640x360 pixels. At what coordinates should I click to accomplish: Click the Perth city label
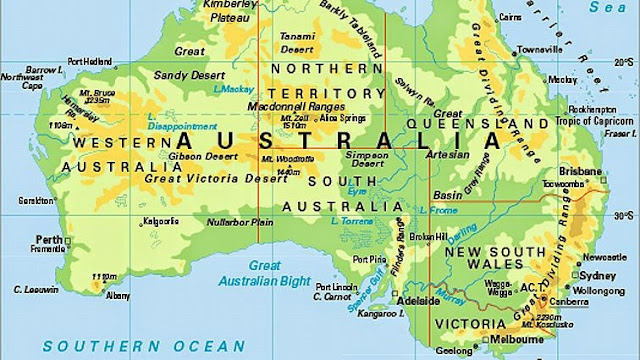tap(48, 240)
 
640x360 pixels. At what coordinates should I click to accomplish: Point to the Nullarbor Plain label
tap(241, 221)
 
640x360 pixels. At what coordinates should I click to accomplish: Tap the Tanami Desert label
tap(294, 37)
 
